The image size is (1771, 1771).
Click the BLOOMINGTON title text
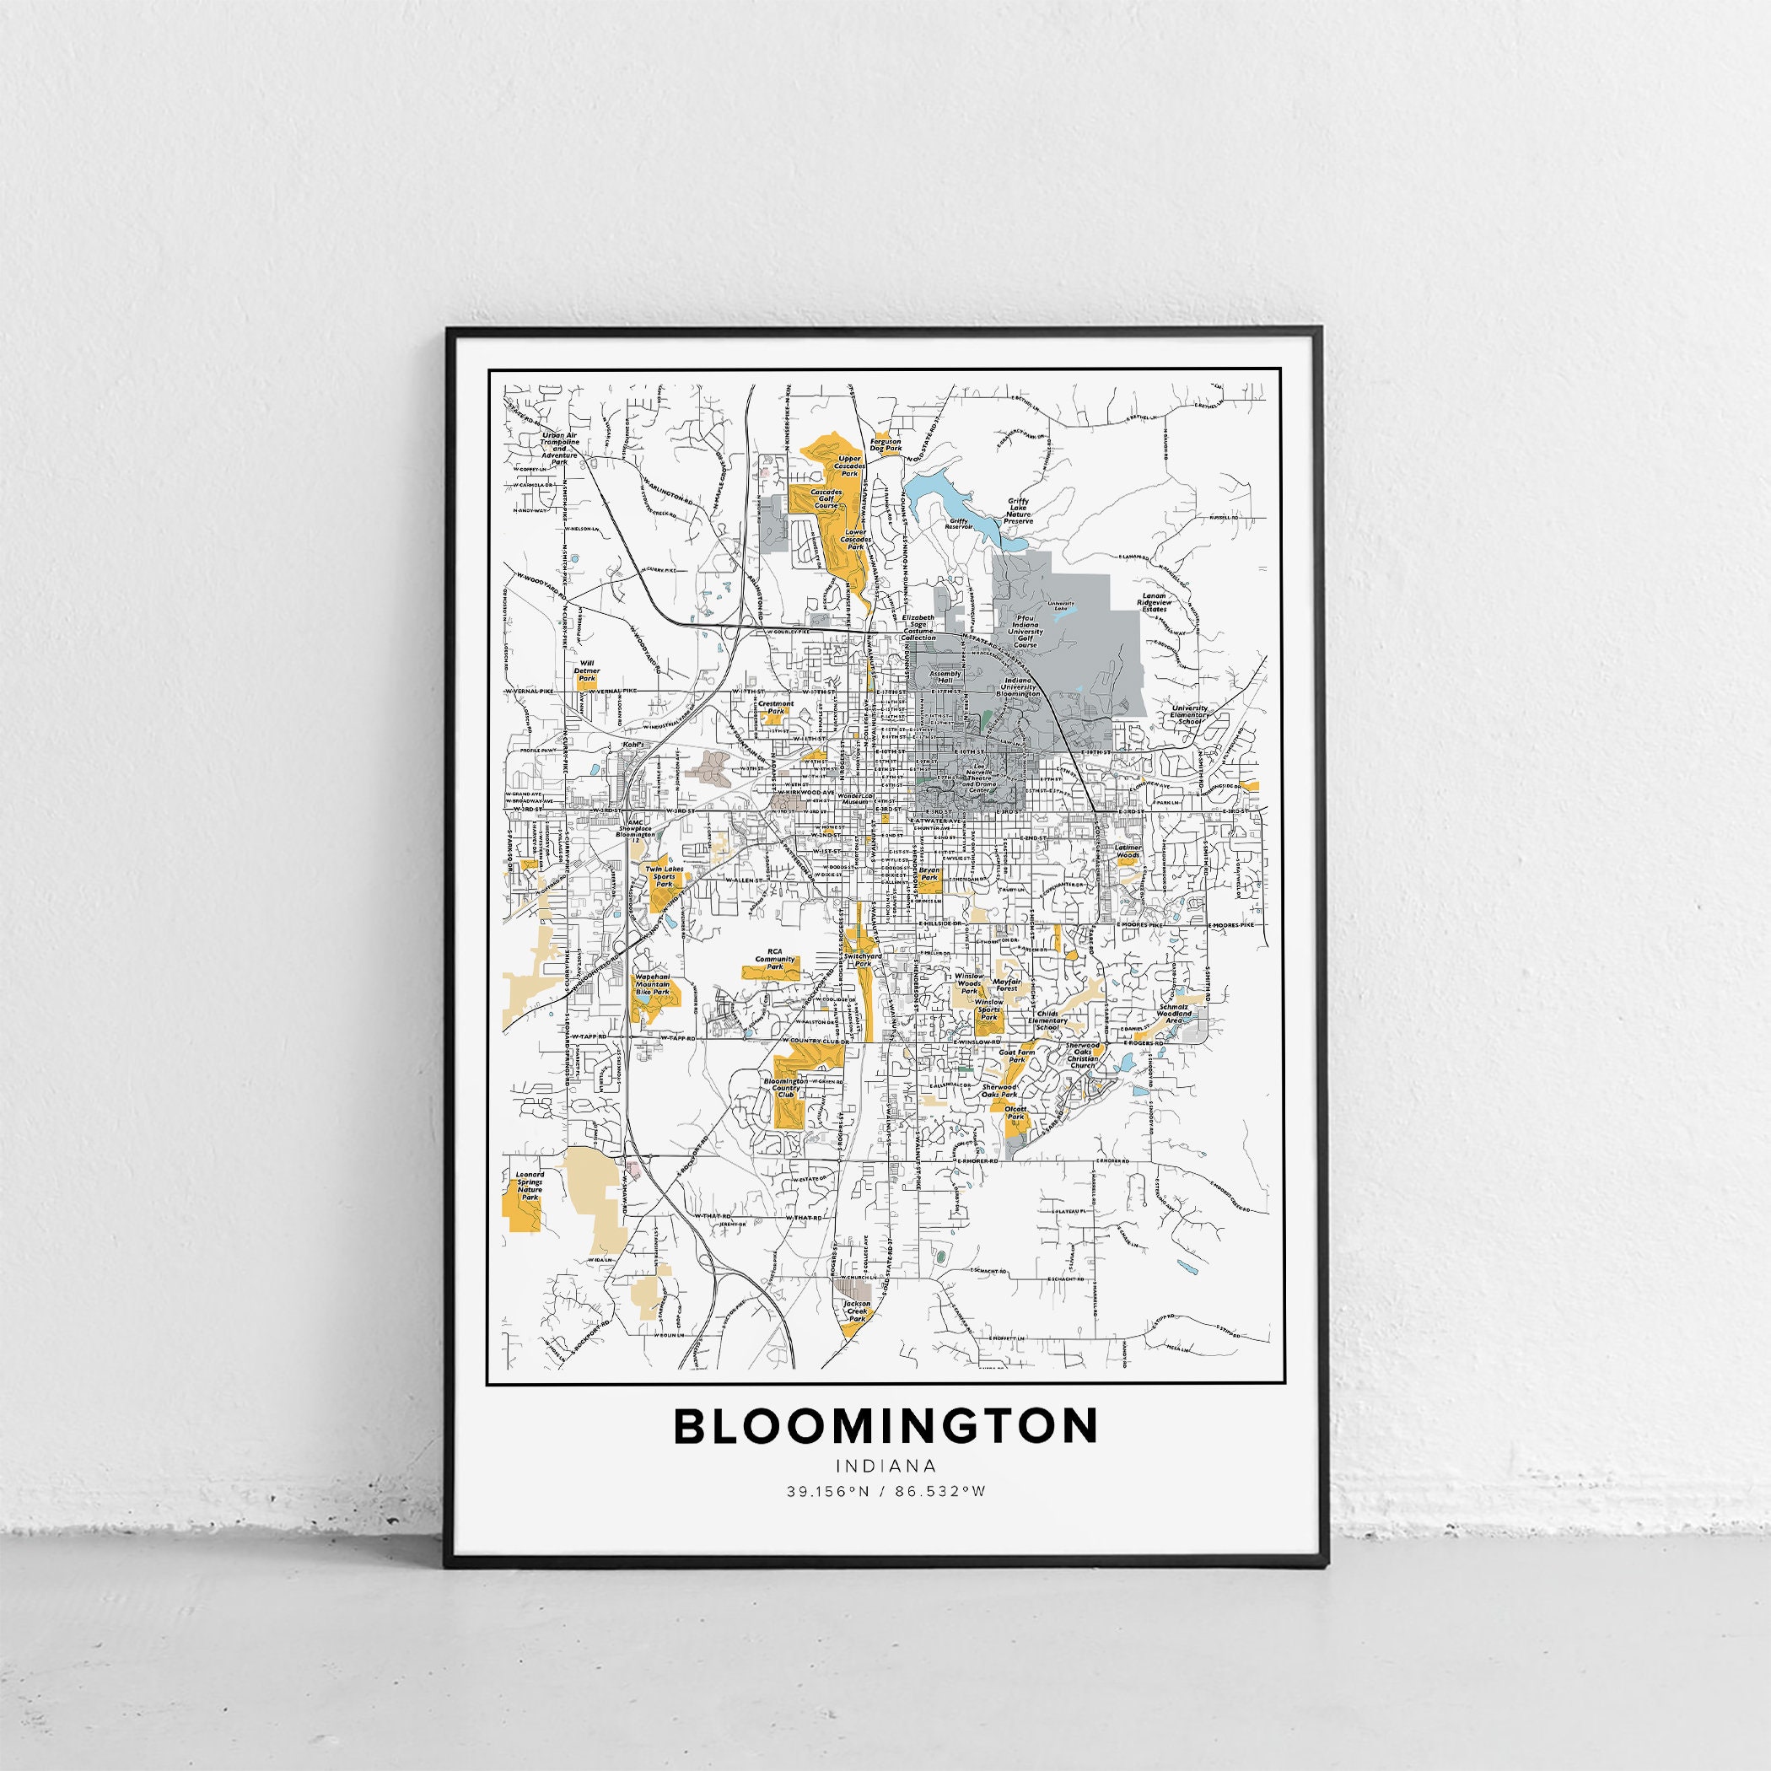point(885,1425)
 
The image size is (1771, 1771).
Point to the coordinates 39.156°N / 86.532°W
point(885,1490)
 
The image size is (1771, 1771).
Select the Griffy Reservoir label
point(959,525)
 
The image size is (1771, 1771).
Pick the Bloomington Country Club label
point(786,1088)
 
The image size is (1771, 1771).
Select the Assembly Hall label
point(945,676)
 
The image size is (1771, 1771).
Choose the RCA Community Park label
point(769,960)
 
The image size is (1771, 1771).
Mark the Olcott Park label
point(1015,1114)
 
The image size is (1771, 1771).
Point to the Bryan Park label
point(929,873)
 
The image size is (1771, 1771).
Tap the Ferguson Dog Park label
point(886,444)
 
